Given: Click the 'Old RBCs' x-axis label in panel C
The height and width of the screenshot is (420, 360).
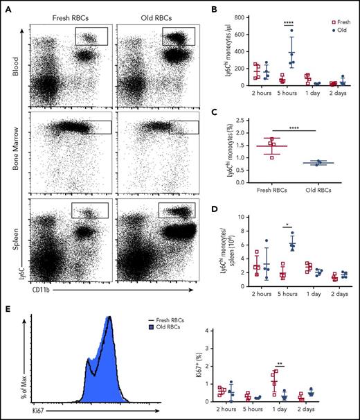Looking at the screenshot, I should click(318, 191).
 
